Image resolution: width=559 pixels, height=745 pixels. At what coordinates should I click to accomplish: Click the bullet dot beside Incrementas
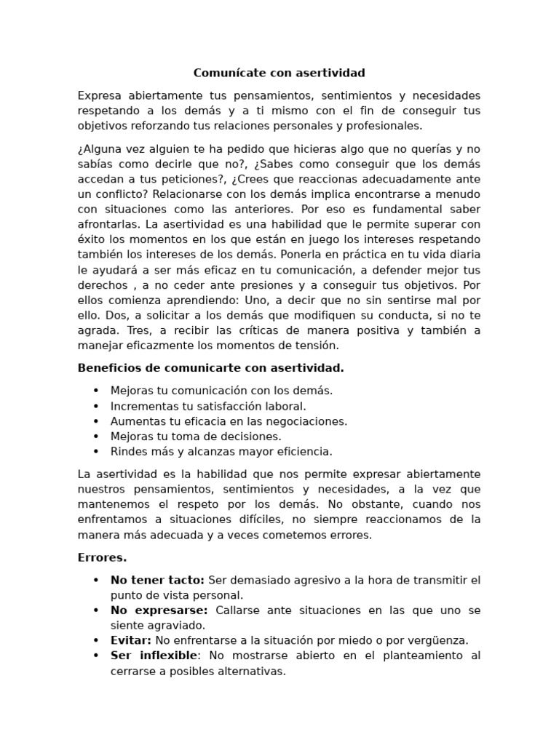click(x=95, y=406)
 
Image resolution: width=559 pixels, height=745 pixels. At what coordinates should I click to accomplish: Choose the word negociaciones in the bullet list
click(x=304, y=421)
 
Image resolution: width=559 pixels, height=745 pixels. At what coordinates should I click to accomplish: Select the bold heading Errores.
click(x=102, y=558)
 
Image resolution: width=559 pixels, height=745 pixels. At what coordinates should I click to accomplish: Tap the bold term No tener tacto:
click(x=157, y=581)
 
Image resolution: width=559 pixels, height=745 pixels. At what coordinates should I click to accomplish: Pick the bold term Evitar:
click(x=131, y=641)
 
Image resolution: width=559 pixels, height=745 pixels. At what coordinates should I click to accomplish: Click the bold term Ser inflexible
click(x=154, y=656)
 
